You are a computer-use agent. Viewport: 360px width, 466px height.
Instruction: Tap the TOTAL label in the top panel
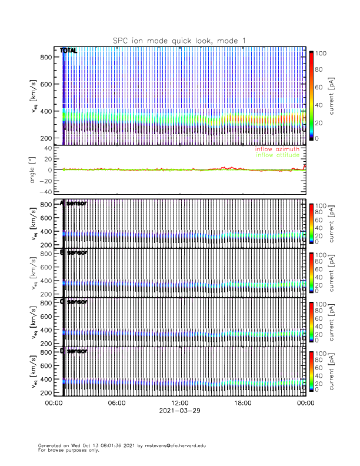[68, 51]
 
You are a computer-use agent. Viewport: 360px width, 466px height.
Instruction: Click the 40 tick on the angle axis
[50, 148]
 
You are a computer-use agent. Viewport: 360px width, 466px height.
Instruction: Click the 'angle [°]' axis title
[32, 169]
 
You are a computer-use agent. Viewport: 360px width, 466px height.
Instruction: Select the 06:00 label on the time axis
[116, 403]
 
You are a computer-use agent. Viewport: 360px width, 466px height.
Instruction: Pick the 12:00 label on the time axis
[179, 403]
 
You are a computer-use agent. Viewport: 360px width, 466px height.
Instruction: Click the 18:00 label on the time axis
[242, 403]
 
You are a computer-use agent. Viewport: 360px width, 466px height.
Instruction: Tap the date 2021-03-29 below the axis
[179, 411]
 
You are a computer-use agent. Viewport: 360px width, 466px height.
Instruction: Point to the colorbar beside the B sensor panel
[311, 271]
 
